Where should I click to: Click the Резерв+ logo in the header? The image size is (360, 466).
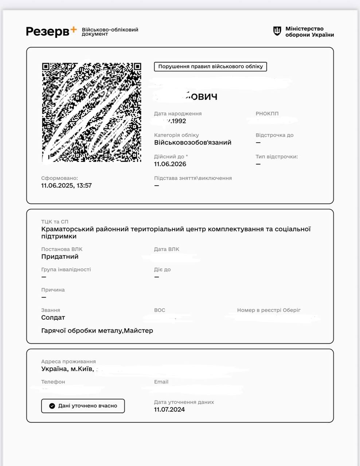pos(51,31)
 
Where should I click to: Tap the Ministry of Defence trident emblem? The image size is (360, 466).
pos(277,31)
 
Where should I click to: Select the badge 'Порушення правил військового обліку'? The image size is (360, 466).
pos(210,67)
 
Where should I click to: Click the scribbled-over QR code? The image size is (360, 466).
pos(91,112)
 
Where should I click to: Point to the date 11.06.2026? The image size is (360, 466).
pos(170,164)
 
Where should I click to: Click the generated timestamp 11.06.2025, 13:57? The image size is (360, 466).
pos(66,186)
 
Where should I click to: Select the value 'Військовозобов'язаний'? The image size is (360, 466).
pos(192,143)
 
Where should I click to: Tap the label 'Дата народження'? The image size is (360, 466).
pos(177,114)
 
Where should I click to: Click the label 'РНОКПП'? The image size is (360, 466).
pos(267,114)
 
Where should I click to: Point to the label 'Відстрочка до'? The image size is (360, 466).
pos(274,135)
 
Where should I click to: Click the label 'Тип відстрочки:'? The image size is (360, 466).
pos(277,157)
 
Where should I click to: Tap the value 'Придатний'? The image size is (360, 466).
pos(60,257)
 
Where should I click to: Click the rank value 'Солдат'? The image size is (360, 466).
pos(53,317)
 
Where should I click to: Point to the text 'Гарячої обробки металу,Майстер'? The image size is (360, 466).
pos(97,331)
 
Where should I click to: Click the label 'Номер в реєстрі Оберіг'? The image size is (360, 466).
pos(269,310)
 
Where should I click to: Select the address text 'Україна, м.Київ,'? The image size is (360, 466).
pos(67,369)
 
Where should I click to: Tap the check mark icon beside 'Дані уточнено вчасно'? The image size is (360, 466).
pos(52,406)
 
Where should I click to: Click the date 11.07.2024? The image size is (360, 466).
pos(169,410)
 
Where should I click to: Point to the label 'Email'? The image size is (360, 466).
pos(161,382)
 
